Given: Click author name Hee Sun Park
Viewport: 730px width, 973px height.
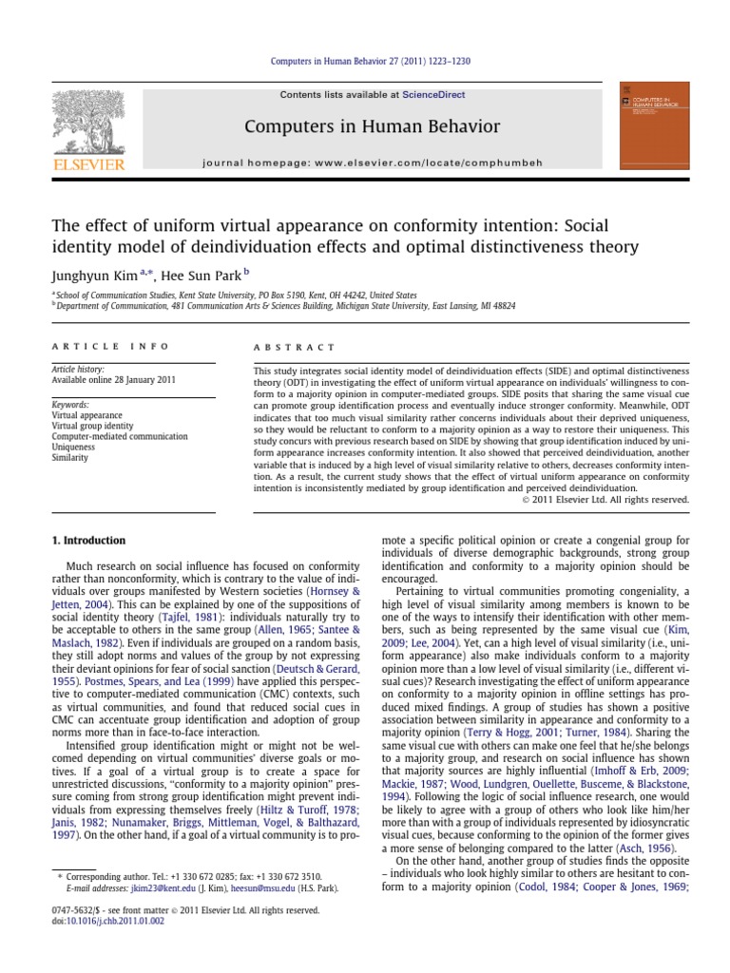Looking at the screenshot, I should point(201,275).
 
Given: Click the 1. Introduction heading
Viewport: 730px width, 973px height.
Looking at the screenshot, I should point(87,541).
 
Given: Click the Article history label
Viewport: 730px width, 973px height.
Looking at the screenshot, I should point(77,369).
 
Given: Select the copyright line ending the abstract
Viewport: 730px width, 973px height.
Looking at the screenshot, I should point(605,499).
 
